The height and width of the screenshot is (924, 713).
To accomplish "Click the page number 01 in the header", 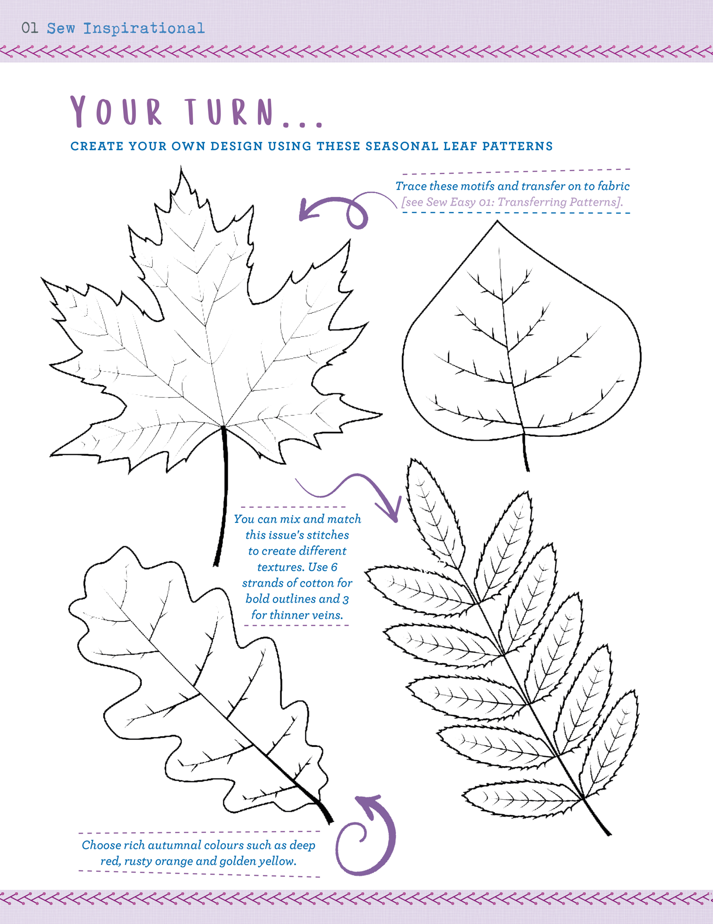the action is click(29, 28).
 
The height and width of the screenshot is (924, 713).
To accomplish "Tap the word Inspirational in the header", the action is click(144, 29).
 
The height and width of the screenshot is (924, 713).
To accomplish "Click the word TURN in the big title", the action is click(230, 112).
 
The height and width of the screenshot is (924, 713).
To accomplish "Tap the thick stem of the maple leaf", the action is click(223, 495).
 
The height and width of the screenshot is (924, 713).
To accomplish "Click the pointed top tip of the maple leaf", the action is click(181, 167).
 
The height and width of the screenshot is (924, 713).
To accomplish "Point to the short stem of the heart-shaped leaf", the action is click(526, 452).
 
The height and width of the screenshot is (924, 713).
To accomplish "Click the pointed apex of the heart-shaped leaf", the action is click(498, 221).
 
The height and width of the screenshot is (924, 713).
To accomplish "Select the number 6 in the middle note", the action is click(334, 567).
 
